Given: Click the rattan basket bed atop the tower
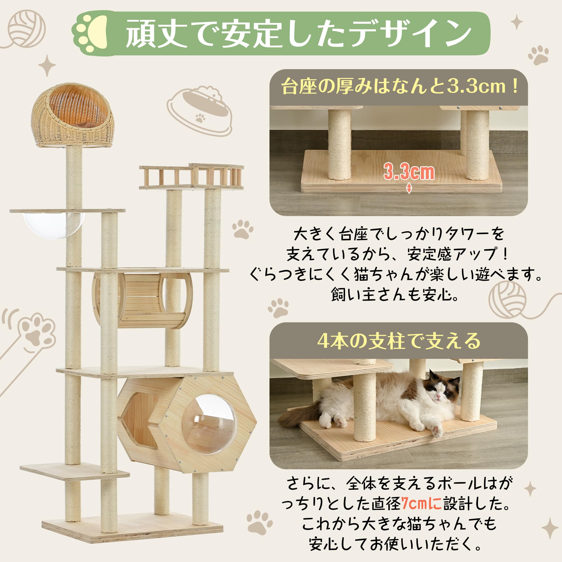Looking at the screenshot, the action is coord(73,115).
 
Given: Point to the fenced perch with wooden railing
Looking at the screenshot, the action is coord(191,176).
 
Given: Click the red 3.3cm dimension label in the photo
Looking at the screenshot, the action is coord(409,172).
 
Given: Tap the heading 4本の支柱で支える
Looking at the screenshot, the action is coord(398,341).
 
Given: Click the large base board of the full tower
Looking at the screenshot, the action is coord(132,529).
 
